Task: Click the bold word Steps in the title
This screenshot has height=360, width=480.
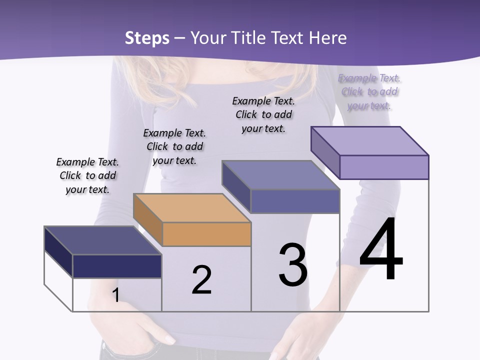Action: [147, 38]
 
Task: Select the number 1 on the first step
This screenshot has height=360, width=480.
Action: [116, 295]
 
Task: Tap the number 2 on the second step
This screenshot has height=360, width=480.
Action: [201, 280]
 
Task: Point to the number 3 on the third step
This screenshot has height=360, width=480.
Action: [293, 265]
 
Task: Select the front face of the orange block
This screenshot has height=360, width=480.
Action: [206, 234]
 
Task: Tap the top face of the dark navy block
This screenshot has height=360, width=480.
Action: [102, 240]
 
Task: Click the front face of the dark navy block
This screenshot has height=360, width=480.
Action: [117, 266]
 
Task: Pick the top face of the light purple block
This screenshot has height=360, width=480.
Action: [370, 140]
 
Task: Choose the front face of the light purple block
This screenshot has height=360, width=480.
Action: [384, 167]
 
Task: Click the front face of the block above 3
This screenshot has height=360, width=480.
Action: [295, 201]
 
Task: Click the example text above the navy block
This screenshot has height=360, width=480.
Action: [87, 175]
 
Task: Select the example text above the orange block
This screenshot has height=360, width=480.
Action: [174, 146]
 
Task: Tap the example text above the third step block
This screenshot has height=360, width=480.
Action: [263, 114]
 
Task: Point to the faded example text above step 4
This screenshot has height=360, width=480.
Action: [369, 91]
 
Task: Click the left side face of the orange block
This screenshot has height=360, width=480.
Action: [148, 220]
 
